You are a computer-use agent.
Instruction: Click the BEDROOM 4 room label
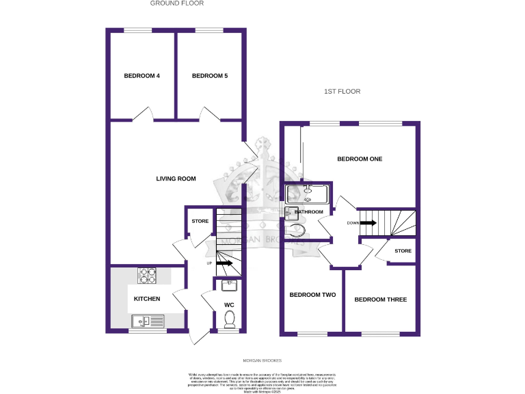pos(142,76)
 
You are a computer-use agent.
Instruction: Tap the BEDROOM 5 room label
pos(210,76)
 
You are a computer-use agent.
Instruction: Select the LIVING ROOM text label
pos(176,179)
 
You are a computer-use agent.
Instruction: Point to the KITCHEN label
pos(147,299)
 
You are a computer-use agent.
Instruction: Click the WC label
pos(230,305)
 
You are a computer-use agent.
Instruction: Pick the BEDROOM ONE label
pos(360,159)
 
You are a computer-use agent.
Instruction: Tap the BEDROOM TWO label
pos(312,295)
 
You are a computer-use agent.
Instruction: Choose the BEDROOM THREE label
pos(381,300)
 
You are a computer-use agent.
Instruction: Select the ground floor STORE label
pos(200,222)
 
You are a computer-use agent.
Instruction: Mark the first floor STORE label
pos(403,252)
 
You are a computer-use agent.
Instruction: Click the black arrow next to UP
pos(226,263)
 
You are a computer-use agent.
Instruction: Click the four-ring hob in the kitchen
pos(148,275)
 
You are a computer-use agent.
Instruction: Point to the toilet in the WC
pos(230,319)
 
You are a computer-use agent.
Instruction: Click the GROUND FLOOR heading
pos(178,3)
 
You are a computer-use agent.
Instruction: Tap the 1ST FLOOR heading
pos(342,91)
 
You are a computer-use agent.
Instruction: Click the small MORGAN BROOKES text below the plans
pos(262,360)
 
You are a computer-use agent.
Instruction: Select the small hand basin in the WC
pos(230,285)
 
